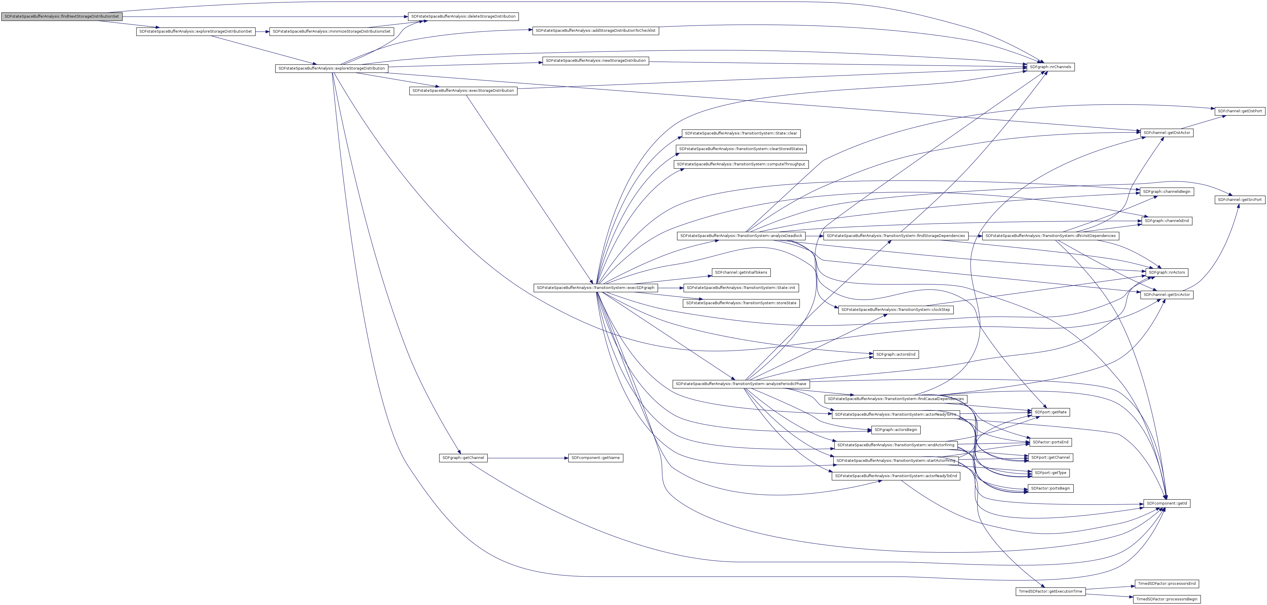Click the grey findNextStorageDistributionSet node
61,16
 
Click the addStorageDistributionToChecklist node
595,31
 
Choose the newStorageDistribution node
596,61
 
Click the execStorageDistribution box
463,91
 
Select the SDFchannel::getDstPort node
1240,111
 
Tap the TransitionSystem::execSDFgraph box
595,288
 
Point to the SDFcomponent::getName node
596,458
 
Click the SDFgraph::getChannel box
463,458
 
